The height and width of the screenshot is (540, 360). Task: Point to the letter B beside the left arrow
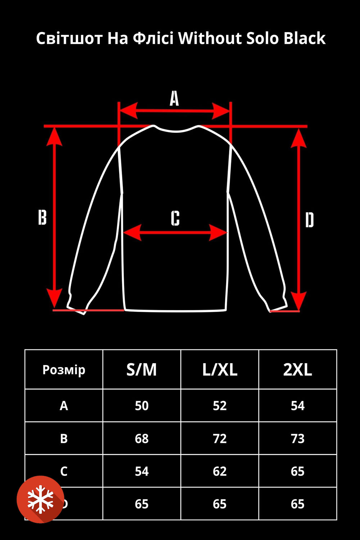42,217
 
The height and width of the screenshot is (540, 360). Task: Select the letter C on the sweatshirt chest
175,218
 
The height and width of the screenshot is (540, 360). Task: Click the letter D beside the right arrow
310,220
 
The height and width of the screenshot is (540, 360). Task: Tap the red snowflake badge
40,499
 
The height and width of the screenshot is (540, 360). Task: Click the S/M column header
141,370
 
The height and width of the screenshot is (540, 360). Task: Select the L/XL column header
220,370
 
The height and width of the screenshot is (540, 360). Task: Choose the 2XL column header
297,370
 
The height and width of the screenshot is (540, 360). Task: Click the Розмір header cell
64,370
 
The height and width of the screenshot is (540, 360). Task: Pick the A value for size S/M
141,406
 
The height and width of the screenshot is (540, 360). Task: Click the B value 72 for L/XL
220,438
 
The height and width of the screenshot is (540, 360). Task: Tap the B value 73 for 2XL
297,438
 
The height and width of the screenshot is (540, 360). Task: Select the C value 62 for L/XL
220,471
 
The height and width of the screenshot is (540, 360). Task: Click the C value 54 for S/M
141,471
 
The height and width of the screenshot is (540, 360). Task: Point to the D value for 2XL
297,504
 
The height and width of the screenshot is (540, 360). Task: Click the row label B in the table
64,438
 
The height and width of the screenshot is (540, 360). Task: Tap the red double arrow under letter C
175,233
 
